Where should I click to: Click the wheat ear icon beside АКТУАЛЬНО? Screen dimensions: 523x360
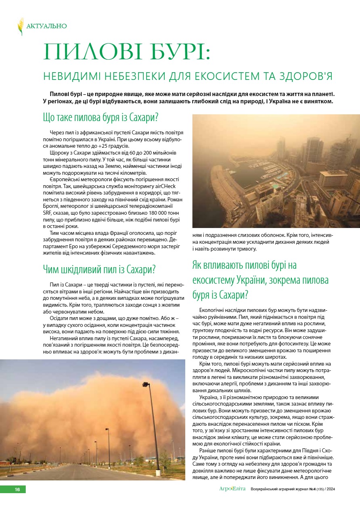pyautogui.click(x=21, y=26)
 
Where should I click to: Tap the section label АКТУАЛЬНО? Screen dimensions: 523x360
pyautogui.click(x=46, y=26)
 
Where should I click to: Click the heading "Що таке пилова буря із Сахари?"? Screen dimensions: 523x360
pyautogui.click(x=100, y=118)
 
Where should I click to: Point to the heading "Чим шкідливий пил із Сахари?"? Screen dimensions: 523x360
pyautogui.click(x=99, y=269)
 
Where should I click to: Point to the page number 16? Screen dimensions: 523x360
pyautogui.click(x=17, y=489)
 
